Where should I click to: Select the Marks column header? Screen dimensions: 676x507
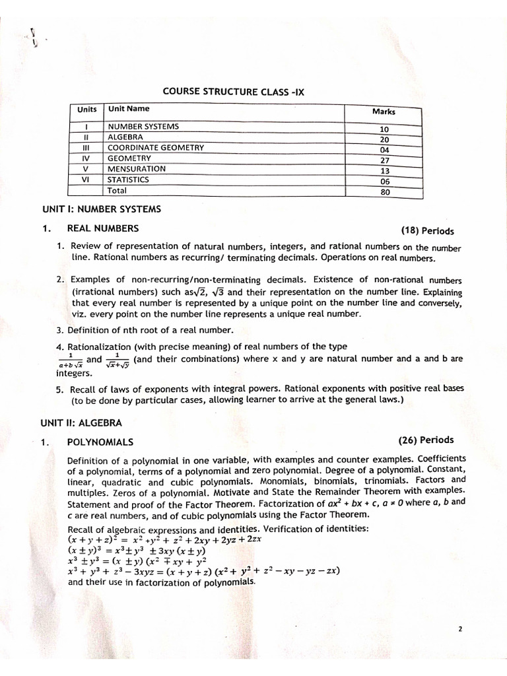click(x=384, y=112)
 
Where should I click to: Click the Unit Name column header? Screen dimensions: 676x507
click(x=129, y=109)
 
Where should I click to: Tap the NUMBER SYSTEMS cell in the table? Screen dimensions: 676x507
click(x=143, y=126)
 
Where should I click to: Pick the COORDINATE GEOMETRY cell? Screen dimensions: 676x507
click(x=156, y=148)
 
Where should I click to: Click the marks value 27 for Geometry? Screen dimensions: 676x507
click(x=385, y=160)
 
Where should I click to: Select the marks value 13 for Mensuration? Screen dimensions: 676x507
click(x=385, y=171)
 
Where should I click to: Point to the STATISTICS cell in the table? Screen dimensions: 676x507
click(x=129, y=180)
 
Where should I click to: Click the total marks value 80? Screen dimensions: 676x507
click(x=385, y=193)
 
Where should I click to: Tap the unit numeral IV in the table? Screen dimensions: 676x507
click(x=85, y=158)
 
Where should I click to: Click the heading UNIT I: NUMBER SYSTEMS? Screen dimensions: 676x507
click(x=102, y=210)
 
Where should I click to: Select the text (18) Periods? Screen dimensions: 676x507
click(x=427, y=231)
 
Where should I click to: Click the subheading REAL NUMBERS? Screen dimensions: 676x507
click(x=103, y=228)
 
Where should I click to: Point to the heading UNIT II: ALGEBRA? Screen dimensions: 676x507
click(x=81, y=421)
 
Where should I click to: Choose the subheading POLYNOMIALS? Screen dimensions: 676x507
click(x=100, y=442)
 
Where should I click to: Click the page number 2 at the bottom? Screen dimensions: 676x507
click(x=459, y=629)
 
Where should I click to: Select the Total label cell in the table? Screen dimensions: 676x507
click(x=117, y=191)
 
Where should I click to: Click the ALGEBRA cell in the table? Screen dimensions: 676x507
click(x=125, y=137)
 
